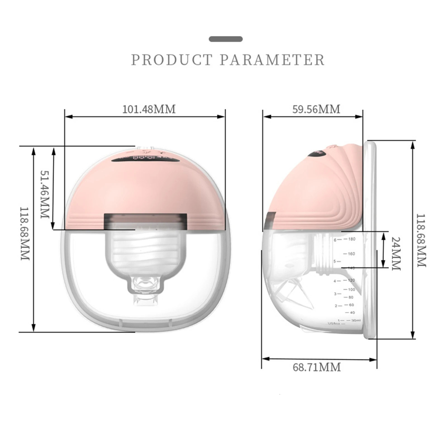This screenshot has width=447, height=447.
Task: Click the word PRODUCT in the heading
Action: [172, 60]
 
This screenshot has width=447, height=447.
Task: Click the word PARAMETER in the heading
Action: [272, 60]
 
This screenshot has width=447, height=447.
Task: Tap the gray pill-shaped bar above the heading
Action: [226, 39]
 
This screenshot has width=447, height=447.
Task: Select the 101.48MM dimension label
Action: [149, 109]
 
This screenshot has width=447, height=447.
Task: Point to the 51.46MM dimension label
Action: [45, 194]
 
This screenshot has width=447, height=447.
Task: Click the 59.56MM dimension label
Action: [316, 109]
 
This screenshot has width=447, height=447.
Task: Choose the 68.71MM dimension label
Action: [317, 367]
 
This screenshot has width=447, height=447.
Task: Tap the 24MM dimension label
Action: [396, 253]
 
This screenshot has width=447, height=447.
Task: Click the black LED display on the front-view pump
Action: [145, 160]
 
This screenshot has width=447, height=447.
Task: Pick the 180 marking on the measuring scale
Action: [351, 239]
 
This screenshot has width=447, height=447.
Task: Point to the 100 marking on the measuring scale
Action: [351, 289]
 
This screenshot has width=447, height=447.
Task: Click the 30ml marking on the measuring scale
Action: [356, 320]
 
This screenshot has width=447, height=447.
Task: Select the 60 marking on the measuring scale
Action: [351, 305]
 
